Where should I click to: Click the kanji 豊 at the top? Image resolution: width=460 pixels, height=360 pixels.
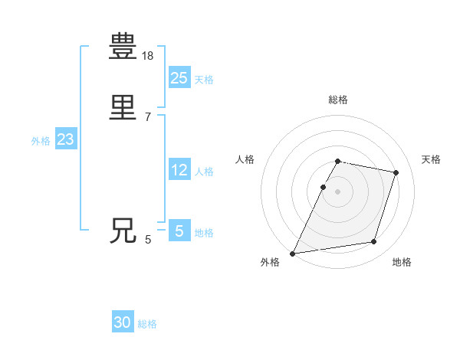(x=123, y=47)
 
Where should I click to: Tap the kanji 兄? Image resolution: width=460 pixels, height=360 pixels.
(x=123, y=231)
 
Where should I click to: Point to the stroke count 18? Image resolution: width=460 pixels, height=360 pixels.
(x=148, y=56)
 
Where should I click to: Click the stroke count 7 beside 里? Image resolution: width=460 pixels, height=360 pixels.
(x=147, y=116)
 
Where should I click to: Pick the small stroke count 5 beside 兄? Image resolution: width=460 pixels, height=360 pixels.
(x=148, y=240)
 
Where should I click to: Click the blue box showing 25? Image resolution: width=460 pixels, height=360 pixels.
(x=179, y=77)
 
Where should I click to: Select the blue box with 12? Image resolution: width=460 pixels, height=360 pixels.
(x=179, y=170)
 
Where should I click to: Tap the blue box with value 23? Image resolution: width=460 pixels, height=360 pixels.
(x=65, y=139)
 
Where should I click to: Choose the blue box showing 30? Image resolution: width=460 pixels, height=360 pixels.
(x=123, y=322)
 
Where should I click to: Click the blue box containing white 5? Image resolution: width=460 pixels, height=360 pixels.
(x=179, y=231)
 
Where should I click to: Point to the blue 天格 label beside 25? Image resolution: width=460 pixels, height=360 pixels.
(x=204, y=79)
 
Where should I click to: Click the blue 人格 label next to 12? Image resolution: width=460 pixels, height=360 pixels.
(x=204, y=172)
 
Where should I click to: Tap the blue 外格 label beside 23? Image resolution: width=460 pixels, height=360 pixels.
(x=41, y=141)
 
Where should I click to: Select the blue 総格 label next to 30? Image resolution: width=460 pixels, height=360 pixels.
(x=147, y=324)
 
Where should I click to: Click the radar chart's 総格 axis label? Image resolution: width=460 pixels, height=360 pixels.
(x=338, y=100)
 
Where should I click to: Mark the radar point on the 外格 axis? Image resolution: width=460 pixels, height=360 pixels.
(x=293, y=254)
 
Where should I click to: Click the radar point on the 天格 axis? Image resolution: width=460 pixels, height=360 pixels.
(x=396, y=172)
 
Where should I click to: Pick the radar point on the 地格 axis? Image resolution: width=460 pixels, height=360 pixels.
(x=374, y=242)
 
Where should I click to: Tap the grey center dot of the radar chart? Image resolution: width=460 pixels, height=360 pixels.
(x=338, y=191)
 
